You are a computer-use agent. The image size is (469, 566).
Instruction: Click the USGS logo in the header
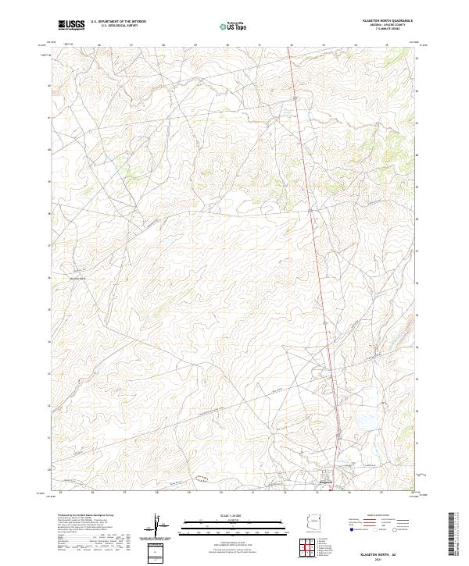(71, 25)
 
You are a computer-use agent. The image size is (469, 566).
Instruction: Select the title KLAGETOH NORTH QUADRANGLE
(383, 20)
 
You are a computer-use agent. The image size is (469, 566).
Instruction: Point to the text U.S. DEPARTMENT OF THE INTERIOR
(118, 21)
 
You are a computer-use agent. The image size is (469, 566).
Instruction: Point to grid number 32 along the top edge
(291, 45)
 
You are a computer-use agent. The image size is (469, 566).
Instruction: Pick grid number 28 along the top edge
(163, 45)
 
